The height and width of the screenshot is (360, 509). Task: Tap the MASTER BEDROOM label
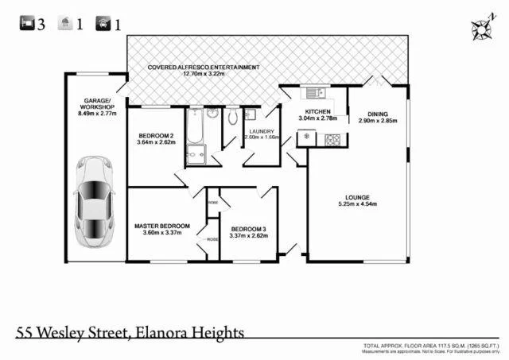coord(161,226)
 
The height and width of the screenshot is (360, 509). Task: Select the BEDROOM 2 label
coord(156,134)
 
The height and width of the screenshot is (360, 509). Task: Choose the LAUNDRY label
coord(262,131)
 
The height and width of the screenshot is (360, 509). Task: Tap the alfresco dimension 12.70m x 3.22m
coord(203,75)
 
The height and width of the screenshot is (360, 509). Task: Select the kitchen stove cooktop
coord(332,140)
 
